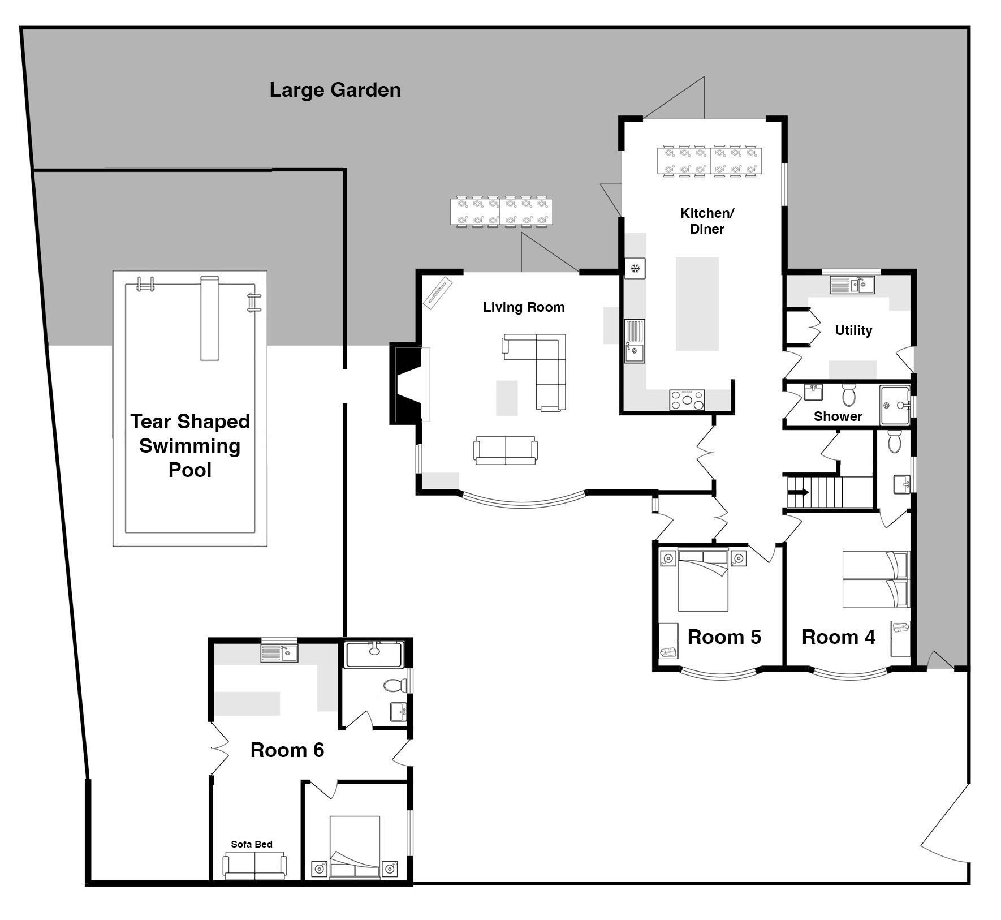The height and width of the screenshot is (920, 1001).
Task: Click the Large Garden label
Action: point(335,90)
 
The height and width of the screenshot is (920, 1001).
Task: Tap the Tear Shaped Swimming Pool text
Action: point(190,446)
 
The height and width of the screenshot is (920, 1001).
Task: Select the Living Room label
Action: point(524,307)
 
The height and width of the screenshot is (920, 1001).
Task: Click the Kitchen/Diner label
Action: point(707,221)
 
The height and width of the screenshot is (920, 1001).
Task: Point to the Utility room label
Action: point(853,330)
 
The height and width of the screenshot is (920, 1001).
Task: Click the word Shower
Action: point(838,416)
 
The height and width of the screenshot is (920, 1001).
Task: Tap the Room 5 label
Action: point(724,637)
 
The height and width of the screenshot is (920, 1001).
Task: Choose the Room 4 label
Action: point(838,637)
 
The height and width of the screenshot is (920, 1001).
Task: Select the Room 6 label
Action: point(287,750)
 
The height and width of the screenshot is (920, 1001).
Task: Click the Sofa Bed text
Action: point(252,844)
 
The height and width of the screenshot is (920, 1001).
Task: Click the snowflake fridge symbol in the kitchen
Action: point(635,268)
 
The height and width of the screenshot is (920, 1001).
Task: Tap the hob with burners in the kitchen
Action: point(687,400)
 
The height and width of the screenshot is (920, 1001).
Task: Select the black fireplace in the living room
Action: point(406,384)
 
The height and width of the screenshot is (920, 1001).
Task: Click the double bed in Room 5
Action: point(703,580)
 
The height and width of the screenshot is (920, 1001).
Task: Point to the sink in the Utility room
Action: point(852,284)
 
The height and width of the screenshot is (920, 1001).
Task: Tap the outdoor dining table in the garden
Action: point(502,212)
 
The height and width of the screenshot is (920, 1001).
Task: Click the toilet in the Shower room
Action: point(848,395)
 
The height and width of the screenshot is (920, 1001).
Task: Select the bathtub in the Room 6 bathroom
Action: point(374,654)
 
